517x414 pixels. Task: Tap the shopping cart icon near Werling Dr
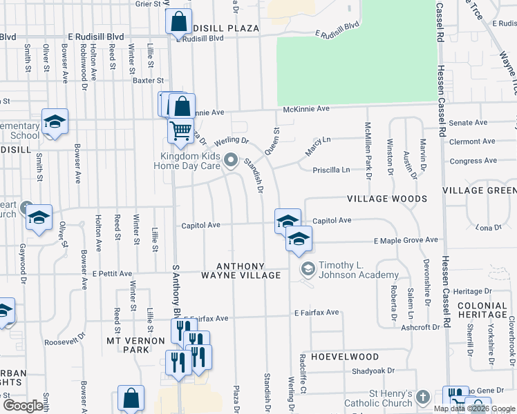pyautogui.click(x=180, y=130)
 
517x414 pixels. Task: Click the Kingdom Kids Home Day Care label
pyautogui.click(x=190, y=161)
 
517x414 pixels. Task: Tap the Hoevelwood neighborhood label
pyautogui.click(x=344, y=357)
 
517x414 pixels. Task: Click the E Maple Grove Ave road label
pyautogui.click(x=406, y=240)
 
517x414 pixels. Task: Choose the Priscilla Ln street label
pyautogui.click(x=332, y=169)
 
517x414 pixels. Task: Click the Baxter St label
pyautogui.click(x=147, y=80)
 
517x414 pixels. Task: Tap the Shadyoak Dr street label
pyautogui.click(x=370, y=371)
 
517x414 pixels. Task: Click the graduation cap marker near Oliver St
pyautogui.click(x=39, y=218)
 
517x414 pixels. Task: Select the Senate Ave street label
pyautogui.click(x=469, y=123)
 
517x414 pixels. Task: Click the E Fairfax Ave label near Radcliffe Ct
pyautogui.click(x=317, y=313)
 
